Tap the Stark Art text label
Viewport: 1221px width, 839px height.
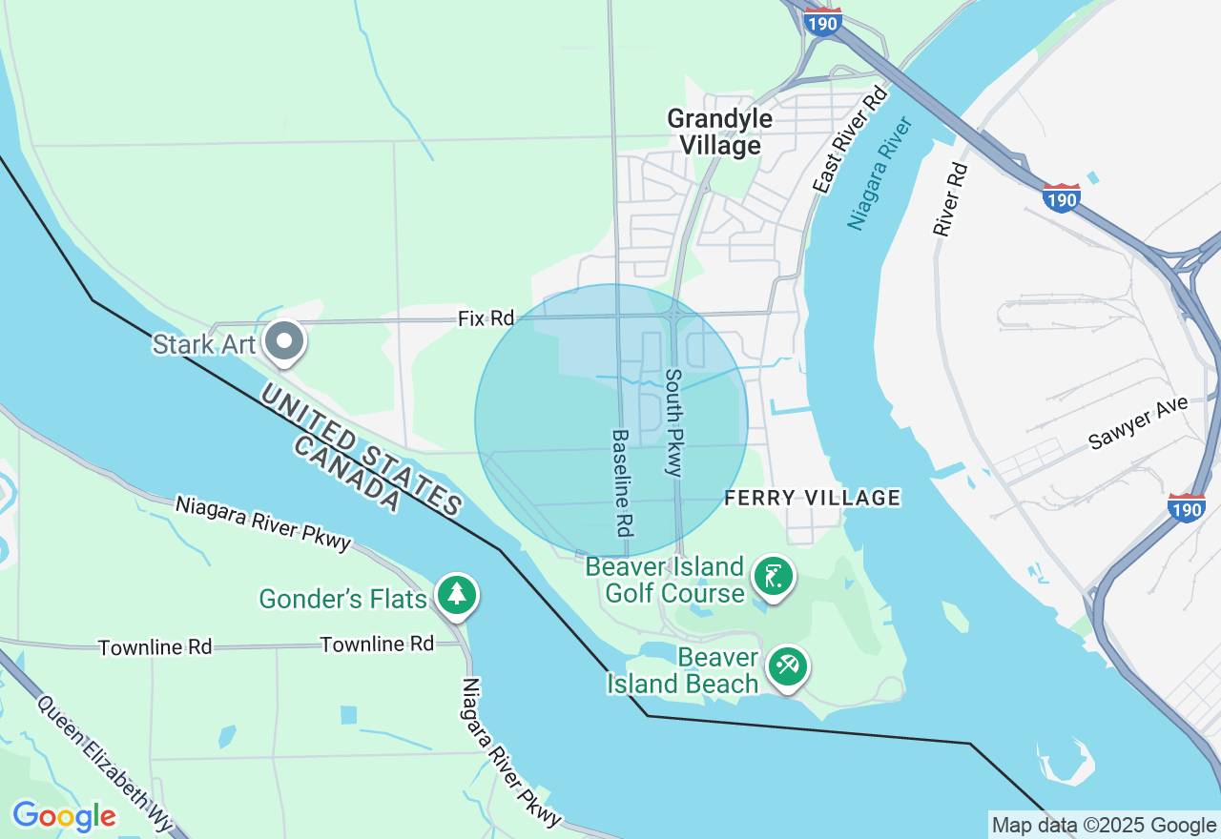(204, 344)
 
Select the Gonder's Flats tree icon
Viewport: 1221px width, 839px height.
(457, 595)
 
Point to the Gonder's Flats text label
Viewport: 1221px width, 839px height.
(343, 599)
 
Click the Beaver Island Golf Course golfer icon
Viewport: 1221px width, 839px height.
(773, 577)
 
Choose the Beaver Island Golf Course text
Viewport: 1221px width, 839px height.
(664, 581)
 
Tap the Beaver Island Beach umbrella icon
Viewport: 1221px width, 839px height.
(787, 666)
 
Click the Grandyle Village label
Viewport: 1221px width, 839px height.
(719, 132)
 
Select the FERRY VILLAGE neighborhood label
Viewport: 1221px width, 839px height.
(813, 498)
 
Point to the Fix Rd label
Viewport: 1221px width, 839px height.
(486, 318)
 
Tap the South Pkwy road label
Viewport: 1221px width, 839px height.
(673, 422)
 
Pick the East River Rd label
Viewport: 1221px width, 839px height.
(849, 140)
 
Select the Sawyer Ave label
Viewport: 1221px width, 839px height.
(1139, 423)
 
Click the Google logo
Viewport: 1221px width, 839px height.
(64, 816)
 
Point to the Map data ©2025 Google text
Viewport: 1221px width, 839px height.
(1104, 826)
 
